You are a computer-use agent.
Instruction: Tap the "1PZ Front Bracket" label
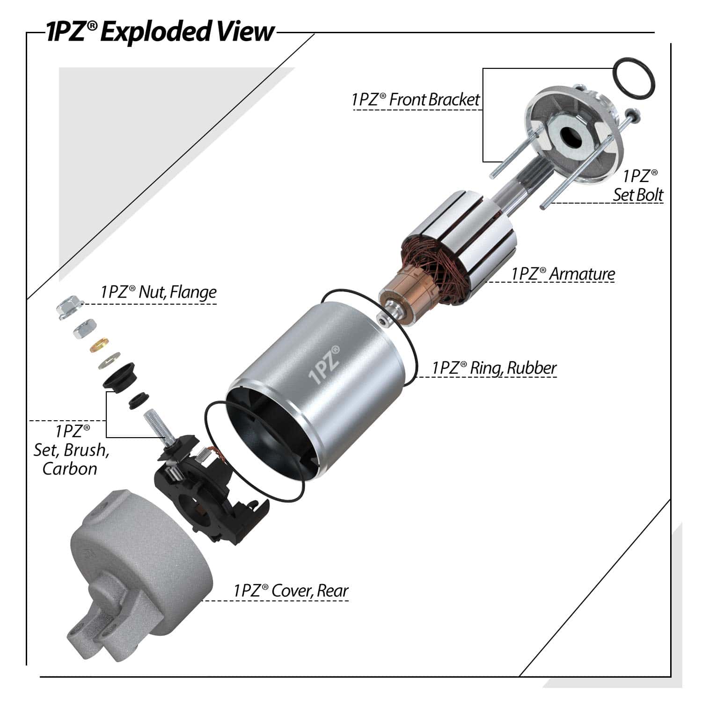point(416,100)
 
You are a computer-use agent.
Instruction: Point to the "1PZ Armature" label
point(563,274)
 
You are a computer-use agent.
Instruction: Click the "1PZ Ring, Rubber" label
point(494,368)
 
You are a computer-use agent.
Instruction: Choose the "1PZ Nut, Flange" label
point(158,292)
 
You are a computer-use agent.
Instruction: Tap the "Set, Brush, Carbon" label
point(71,450)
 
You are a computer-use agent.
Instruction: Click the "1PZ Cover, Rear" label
point(291,591)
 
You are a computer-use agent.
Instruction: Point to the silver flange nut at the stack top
point(70,308)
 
